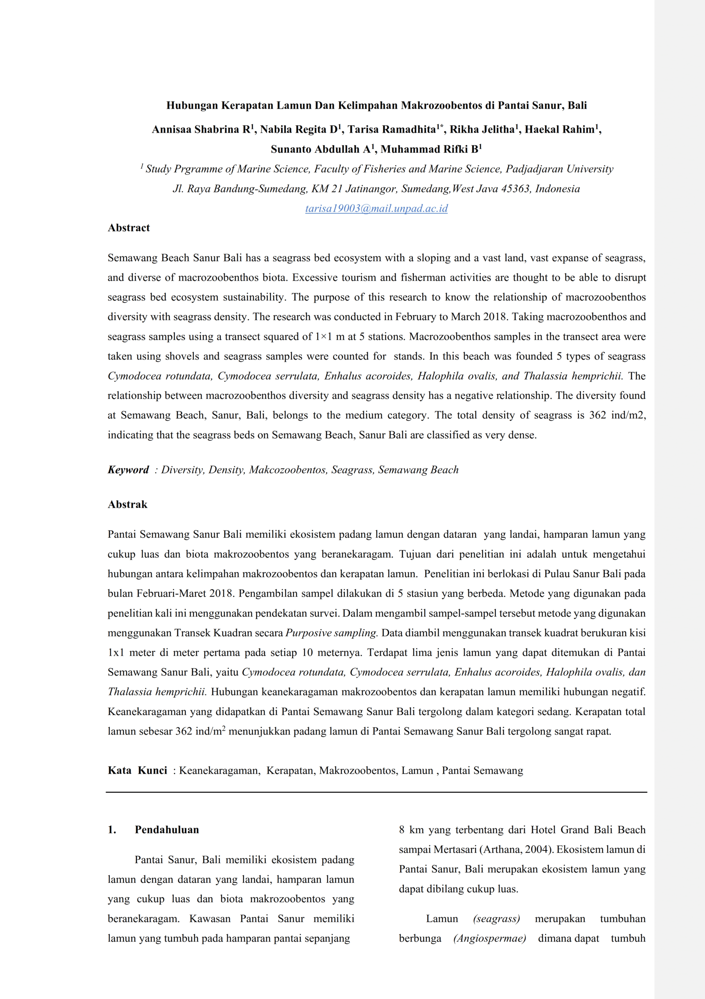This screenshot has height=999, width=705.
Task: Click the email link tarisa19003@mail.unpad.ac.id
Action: click(376, 208)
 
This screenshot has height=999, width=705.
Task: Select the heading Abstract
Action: click(129, 228)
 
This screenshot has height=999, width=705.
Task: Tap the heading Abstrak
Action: click(127, 504)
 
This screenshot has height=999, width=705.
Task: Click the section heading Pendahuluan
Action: click(166, 829)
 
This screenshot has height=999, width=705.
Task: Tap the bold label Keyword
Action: click(128, 469)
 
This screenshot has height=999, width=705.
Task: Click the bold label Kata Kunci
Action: click(137, 770)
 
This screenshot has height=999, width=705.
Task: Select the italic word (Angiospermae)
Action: click(489, 938)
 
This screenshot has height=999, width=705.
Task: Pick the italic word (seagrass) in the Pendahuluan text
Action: click(497, 919)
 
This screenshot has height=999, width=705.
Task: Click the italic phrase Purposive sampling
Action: click(331, 633)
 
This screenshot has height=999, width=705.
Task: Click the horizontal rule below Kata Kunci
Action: click(376, 792)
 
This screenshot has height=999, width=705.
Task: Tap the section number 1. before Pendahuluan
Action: click(112, 829)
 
